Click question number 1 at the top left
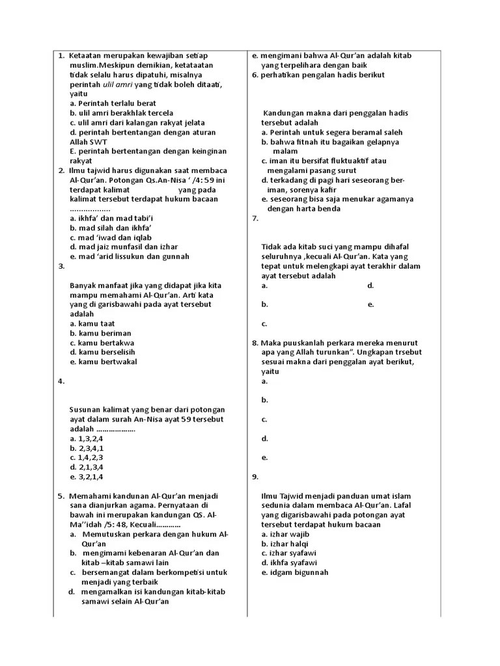tap(61, 56)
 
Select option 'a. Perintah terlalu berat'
tap(113, 103)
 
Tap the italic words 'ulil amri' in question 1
tap(118, 85)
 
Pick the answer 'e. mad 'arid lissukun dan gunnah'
tap(130, 256)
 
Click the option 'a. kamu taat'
tap(94, 323)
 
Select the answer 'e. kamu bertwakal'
tap(103, 362)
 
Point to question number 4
tap(61, 382)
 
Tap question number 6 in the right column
tap(255, 75)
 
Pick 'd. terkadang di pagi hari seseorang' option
tap(333, 180)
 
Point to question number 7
tap(255, 219)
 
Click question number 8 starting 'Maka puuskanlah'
tap(255, 343)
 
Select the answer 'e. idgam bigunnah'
tap(295, 572)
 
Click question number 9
tap(255, 477)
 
